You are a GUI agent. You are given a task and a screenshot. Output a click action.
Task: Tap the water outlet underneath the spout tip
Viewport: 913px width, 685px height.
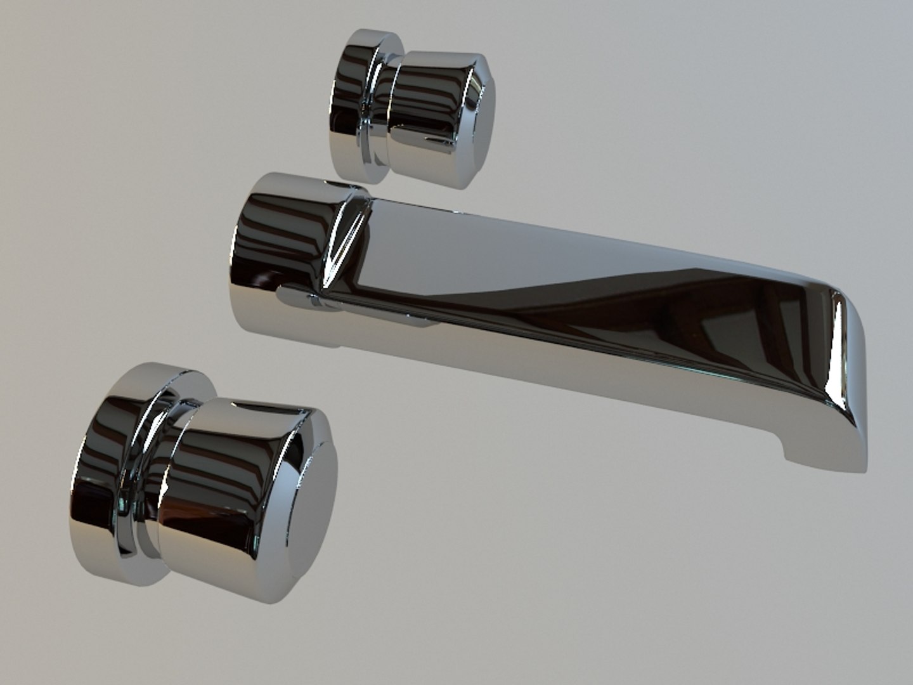pos(824,460)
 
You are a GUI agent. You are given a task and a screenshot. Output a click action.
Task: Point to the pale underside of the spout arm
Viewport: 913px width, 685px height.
pos(571,368)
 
